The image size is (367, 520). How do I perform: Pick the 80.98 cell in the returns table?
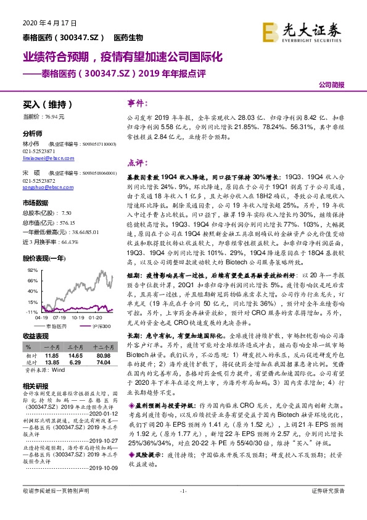point(104,357)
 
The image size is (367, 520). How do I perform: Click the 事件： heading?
point(138,103)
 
